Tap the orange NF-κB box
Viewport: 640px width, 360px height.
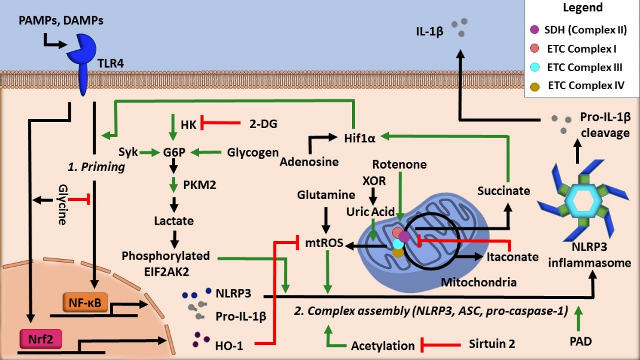(x=85, y=303)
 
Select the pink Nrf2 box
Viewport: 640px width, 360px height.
(x=41, y=339)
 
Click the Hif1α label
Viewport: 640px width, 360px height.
(x=360, y=138)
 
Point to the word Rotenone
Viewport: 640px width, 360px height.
(x=399, y=164)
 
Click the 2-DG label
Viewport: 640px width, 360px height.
(x=264, y=123)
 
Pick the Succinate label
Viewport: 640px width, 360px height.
(x=504, y=191)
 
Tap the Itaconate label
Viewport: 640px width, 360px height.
(x=513, y=257)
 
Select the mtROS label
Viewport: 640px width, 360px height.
(x=324, y=243)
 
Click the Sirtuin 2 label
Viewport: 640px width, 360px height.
(x=492, y=344)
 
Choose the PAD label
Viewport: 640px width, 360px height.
(x=580, y=341)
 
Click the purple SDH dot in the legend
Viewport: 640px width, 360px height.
(x=534, y=29)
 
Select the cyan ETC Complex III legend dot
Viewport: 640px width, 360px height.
(x=534, y=67)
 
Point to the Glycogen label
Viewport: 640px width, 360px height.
(x=253, y=152)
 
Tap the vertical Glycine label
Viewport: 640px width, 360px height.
(x=63, y=205)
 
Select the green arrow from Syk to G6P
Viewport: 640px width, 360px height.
(x=149, y=153)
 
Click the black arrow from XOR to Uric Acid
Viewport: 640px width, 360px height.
(x=373, y=196)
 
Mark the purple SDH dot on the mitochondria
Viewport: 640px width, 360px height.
(x=404, y=236)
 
